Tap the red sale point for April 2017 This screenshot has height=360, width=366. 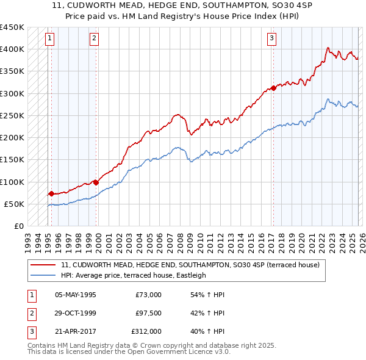pos(273,88)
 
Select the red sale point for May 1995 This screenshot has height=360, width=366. pos(51,193)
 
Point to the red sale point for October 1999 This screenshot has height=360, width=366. pos(96,182)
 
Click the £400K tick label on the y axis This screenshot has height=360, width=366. pos(12,49)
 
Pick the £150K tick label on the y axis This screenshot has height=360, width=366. pos(12,160)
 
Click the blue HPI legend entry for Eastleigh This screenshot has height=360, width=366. pos(134,275)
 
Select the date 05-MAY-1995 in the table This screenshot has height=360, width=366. pos(75,295)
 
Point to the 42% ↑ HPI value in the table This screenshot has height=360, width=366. pos(207,313)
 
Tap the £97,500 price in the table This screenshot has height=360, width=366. pos(148,313)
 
